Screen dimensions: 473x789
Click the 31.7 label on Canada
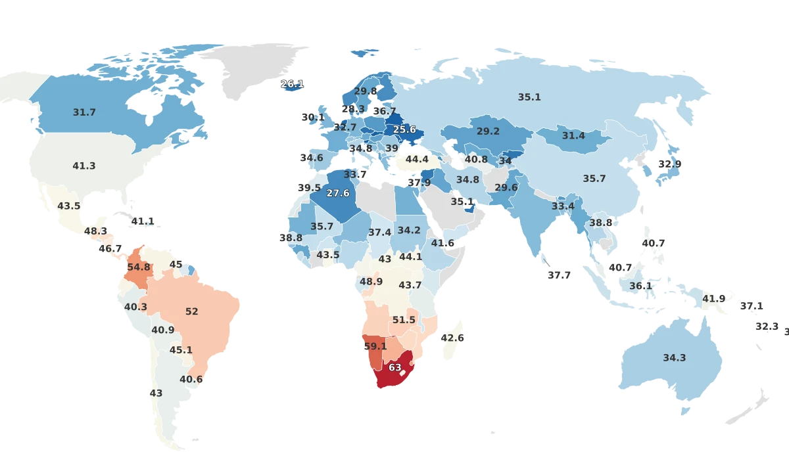click(84, 112)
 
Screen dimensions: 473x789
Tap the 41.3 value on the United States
click(84, 166)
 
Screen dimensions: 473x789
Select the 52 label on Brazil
click(191, 311)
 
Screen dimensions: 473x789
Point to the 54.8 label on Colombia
click(139, 267)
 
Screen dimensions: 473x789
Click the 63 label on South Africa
click(394, 368)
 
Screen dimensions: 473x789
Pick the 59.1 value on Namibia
click(375, 346)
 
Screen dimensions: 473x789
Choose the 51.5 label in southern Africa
click(404, 320)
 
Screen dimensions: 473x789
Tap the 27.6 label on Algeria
click(338, 193)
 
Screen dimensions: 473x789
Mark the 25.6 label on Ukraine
click(404, 130)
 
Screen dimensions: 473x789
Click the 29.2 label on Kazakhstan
click(488, 131)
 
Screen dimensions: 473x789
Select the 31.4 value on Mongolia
click(573, 135)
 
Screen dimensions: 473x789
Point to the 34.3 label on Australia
click(674, 358)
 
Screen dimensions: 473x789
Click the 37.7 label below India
click(560, 275)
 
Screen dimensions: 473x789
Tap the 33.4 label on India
click(563, 206)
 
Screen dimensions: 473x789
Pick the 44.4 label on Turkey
click(417, 159)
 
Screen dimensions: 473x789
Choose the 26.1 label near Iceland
click(292, 84)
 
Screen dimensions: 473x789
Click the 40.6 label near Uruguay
click(191, 379)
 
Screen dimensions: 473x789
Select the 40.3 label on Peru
click(135, 307)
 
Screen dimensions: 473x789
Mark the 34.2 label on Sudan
click(409, 231)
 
